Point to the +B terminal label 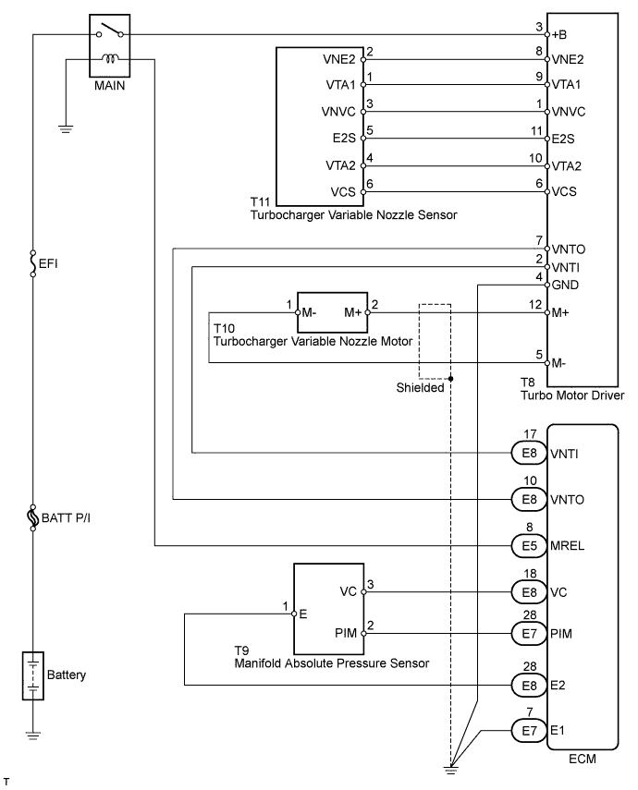558,35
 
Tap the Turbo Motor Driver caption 572,395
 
